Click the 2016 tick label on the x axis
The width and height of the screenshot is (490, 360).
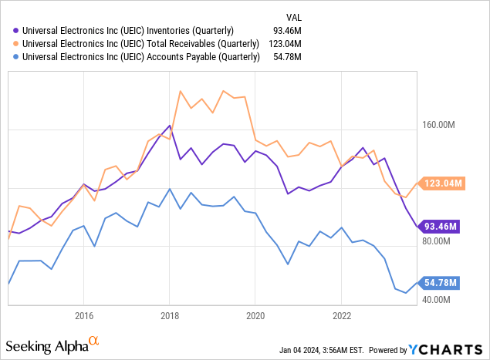coord(84,315)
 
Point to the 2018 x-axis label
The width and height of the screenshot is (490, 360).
coord(170,315)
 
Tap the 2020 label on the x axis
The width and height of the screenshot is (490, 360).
coord(255,315)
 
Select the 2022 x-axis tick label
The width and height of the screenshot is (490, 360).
coord(342,315)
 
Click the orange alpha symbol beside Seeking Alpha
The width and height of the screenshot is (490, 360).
coord(94,339)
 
